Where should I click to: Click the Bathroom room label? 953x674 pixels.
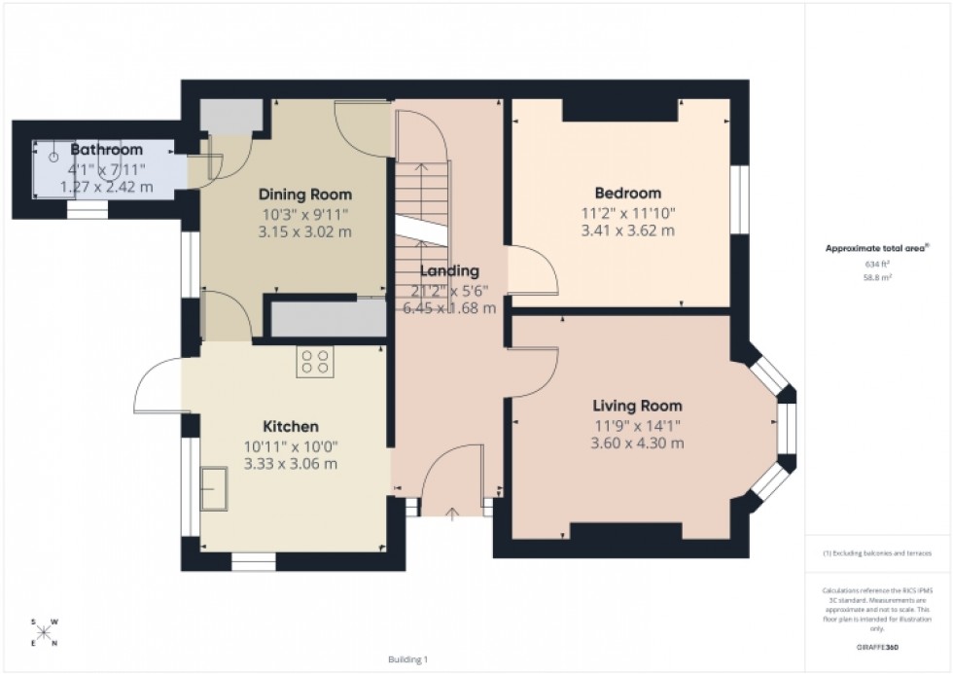(106, 150)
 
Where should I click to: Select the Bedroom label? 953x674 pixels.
(627, 193)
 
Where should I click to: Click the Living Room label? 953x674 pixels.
(637, 406)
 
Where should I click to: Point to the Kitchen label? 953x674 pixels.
(290, 426)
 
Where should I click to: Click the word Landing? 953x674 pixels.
(448, 270)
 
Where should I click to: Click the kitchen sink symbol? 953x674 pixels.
(213, 486)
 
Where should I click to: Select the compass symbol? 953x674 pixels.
(44, 631)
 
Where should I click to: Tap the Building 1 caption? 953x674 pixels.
(406, 659)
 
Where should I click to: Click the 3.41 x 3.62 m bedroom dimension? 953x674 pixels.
(627, 231)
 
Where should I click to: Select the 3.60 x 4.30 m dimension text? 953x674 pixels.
(637, 443)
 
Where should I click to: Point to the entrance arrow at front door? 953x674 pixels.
(451, 513)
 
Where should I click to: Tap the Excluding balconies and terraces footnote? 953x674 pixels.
(877, 552)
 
